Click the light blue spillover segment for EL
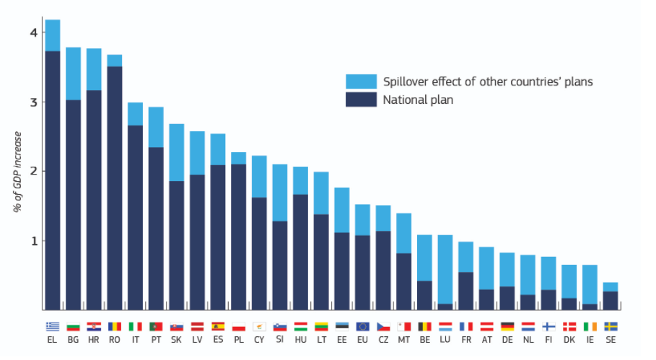(x=52, y=35)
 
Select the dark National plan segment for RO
(x=114, y=188)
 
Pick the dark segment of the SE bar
(x=611, y=301)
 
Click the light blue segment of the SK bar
(x=176, y=152)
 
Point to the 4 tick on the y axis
(x=32, y=32)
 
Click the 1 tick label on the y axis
(x=32, y=241)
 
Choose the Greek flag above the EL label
(x=52, y=326)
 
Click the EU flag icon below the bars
(x=362, y=326)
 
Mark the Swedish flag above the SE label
(x=611, y=326)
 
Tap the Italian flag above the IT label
(x=135, y=326)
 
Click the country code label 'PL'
(x=238, y=340)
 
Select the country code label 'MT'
(x=404, y=340)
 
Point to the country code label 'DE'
(x=507, y=340)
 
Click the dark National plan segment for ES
(x=217, y=237)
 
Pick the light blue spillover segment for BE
(x=424, y=258)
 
